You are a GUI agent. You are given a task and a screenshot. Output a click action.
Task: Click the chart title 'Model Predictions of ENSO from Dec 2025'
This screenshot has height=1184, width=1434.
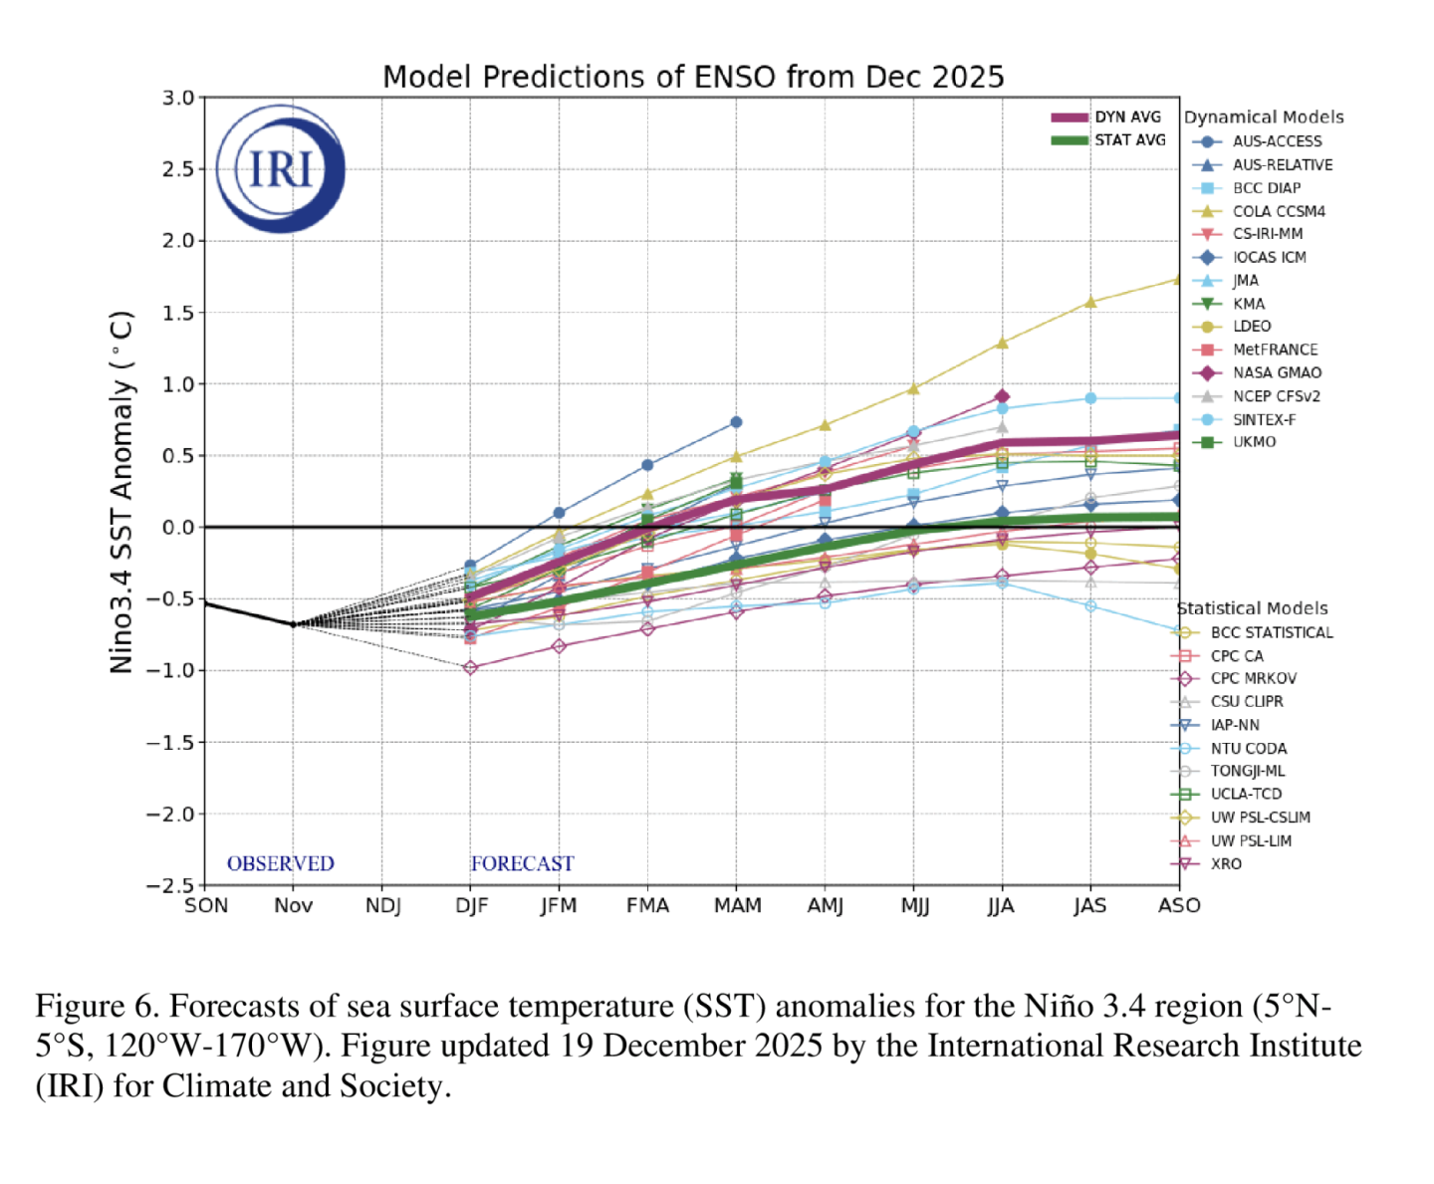point(693,77)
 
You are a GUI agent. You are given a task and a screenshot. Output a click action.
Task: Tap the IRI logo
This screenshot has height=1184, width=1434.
point(281,168)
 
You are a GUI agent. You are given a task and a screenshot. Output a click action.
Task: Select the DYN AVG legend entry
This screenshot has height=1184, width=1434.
point(1108,118)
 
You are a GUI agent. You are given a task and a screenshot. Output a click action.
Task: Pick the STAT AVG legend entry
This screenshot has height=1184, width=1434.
point(1108,140)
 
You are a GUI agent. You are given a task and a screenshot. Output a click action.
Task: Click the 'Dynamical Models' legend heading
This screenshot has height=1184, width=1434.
point(1264,117)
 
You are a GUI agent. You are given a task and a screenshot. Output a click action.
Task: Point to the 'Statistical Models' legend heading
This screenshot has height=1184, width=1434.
point(1252,607)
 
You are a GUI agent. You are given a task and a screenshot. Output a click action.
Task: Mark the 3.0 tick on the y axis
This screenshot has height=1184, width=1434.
point(178,98)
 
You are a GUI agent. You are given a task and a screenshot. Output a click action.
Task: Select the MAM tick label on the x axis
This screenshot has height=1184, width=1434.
point(737,905)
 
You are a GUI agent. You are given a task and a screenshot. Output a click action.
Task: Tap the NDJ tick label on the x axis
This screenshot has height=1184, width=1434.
point(383,905)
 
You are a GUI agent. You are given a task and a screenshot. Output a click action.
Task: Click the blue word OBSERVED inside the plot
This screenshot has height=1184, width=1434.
point(281,863)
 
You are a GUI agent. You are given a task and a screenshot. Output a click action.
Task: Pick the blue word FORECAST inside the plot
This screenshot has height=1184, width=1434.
point(522,863)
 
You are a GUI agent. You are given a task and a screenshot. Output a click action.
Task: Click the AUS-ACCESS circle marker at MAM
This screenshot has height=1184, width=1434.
point(736,422)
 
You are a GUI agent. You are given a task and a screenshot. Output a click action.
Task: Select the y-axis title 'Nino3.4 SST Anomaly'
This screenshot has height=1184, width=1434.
point(121,492)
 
